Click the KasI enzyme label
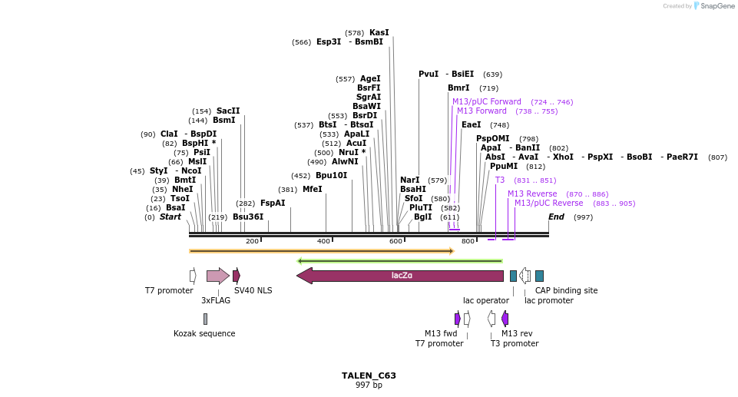click(379, 33)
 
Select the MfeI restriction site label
click(312, 189)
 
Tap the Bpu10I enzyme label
click(331, 175)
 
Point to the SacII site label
click(228, 111)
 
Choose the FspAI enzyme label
click(273, 203)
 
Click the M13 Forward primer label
click(482, 111)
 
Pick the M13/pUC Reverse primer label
click(548, 203)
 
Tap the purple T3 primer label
click(500, 180)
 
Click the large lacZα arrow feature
click(400, 276)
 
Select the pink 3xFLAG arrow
click(217, 276)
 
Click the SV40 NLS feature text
click(253, 291)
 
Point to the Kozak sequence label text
click(204, 334)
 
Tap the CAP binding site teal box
click(540, 276)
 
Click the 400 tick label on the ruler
click(323, 242)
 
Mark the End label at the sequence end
click(556, 217)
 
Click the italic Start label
click(170, 217)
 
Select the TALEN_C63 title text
click(369, 375)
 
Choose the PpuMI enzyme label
click(504, 167)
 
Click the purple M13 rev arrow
click(505, 319)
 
